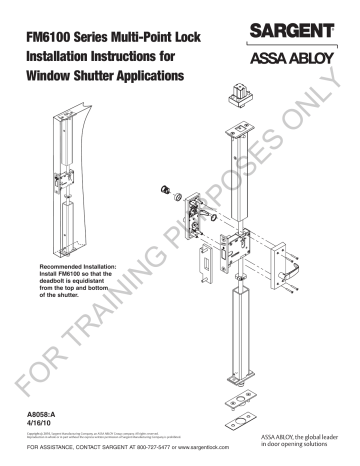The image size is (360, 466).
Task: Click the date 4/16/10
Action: [35, 422]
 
